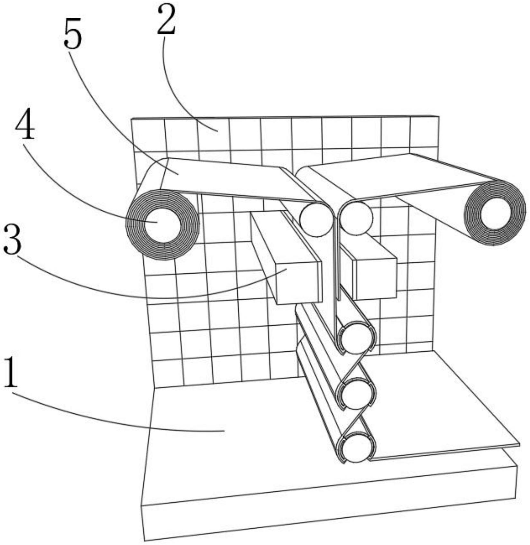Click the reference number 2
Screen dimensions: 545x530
[x=166, y=21]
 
